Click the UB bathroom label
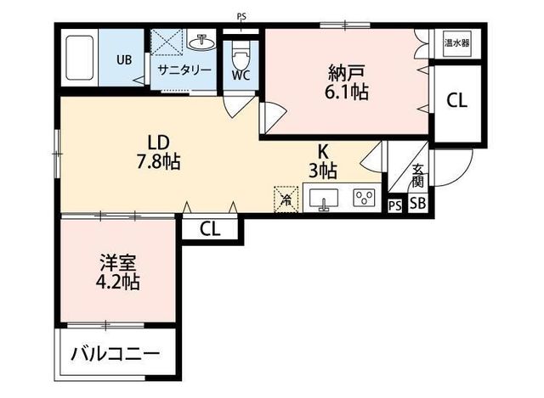pos(123,60)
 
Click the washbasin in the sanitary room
pos(203,42)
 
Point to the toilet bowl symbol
pos(240,53)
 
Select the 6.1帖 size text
pos(346,92)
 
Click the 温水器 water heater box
pos(456,42)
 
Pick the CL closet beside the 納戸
pos(456,100)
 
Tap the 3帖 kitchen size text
pos(324,171)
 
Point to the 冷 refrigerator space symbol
pos(286,199)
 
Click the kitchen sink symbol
pos(322,199)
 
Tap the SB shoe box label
pos(417,205)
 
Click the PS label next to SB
pos(394,205)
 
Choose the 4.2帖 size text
pos(118,281)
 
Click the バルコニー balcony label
pos(115,352)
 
